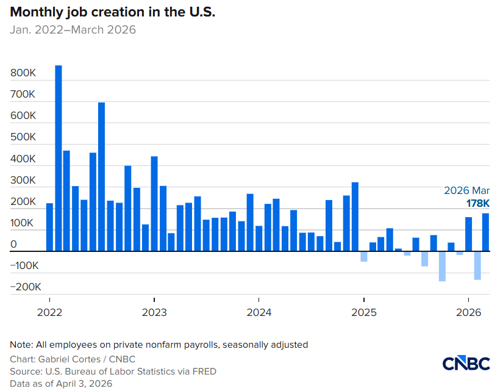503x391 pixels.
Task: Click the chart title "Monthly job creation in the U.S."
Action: [x=113, y=12]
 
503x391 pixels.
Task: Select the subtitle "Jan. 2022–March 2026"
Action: [x=73, y=30]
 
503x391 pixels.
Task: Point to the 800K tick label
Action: [x=24, y=73]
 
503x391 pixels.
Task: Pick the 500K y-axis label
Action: [x=24, y=137]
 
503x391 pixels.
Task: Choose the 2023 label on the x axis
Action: [x=154, y=313]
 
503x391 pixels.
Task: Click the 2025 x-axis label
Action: [x=363, y=313]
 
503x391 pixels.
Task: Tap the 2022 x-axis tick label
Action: [x=49, y=313]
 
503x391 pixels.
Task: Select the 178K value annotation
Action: [x=478, y=204]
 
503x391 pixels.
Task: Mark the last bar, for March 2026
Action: [x=486, y=232]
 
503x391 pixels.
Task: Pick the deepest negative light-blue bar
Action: [x=442, y=266]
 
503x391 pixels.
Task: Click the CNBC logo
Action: [x=466, y=364]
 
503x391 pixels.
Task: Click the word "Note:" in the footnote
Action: [x=21, y=345]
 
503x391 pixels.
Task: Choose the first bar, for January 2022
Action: [x=50, y=227]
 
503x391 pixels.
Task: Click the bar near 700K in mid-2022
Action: [x=102, y=176]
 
